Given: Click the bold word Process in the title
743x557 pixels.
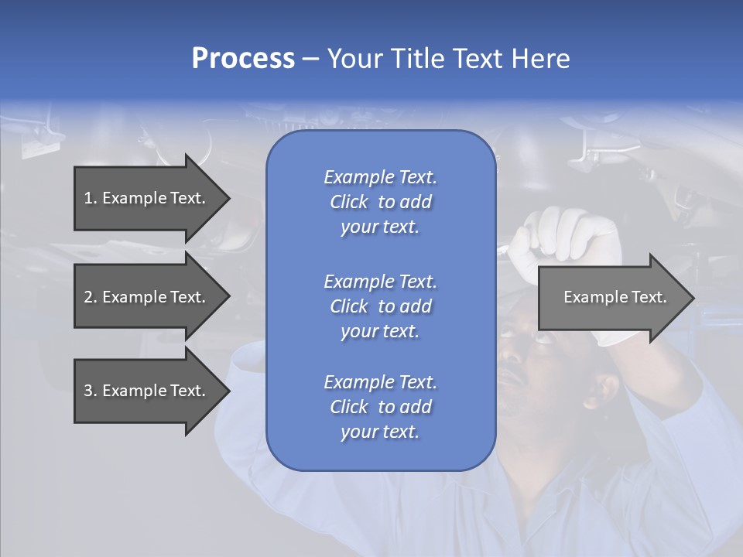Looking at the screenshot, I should point(243,59).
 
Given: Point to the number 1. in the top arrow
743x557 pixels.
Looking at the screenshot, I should point(91,198).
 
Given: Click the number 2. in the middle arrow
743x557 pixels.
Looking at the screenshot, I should point(91,297).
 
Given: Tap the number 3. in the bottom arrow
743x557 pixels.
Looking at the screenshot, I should point(91,391).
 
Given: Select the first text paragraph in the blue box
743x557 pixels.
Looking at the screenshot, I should point(381,202).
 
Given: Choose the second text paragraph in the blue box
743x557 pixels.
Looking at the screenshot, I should point(381,306).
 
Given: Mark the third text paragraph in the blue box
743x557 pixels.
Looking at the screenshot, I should point(381,407).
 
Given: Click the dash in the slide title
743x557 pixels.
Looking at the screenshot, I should point(311,60).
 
